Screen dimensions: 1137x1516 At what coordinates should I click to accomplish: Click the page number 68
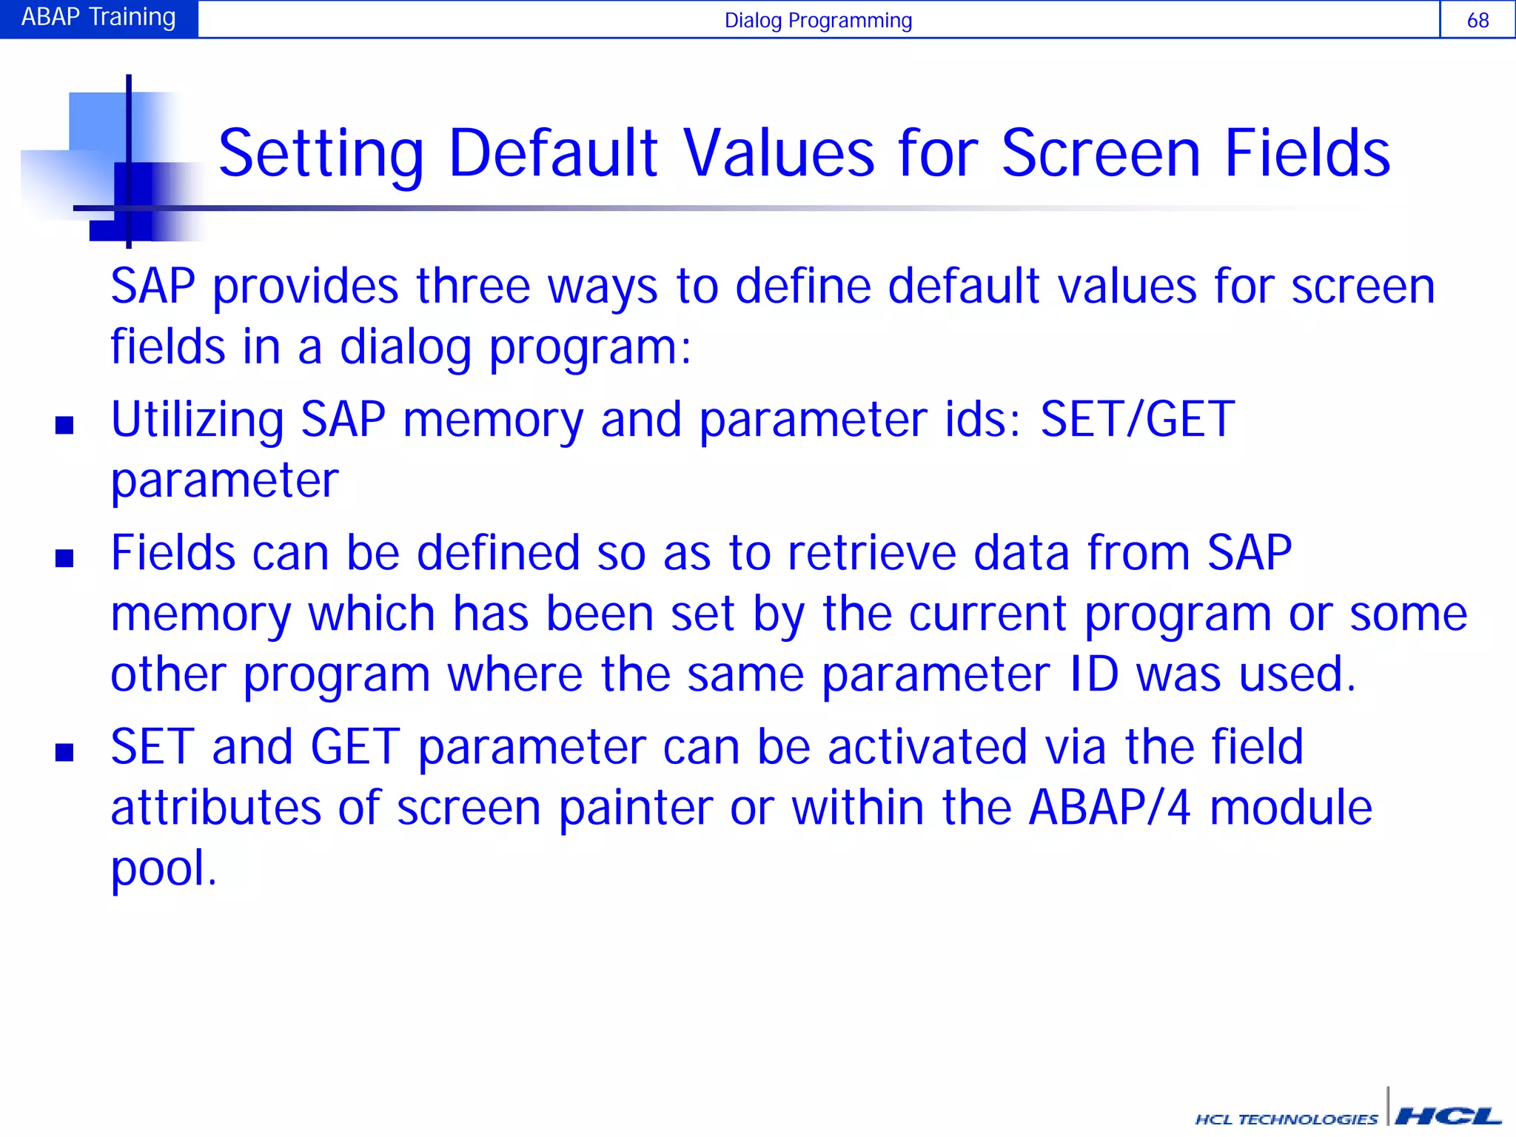point(1478,20)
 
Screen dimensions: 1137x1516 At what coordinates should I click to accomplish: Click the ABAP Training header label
point(98,17)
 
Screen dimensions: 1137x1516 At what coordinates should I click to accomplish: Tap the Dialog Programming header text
point(818,20)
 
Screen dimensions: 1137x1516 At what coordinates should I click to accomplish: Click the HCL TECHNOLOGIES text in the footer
point(1287,1119)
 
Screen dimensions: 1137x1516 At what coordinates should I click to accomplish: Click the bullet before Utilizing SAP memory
point(64,425)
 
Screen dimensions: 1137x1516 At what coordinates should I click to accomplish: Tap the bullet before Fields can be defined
point(64,558)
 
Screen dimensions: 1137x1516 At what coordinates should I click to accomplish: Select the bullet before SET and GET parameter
point(64,753)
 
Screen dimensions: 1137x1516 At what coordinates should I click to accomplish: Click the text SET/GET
point(1137,419)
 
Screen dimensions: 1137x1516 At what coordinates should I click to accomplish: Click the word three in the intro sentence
point(473,286)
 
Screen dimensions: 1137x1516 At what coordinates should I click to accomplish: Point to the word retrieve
point(871,553)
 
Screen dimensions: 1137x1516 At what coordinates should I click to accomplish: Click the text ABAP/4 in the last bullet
point(1110,807)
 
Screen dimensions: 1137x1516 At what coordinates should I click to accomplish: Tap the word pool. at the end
point(164,869)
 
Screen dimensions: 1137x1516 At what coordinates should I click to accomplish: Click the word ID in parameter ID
point(1094,674)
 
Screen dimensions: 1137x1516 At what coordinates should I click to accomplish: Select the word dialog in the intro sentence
point(405,348)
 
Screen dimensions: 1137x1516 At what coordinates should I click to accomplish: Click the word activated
point(927,747)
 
